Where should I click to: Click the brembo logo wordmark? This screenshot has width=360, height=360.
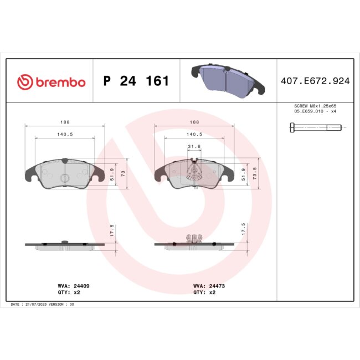coord(51,82)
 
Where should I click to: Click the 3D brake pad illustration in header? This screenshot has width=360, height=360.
coord(227,81)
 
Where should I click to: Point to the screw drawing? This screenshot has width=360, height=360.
coord(315,127)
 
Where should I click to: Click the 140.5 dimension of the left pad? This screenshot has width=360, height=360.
coord(64,133)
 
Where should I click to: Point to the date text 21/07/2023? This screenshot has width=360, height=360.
coord(41,305)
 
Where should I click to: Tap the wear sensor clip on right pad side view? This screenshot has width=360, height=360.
coord(194,238)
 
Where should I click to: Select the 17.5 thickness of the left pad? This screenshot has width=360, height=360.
coord(112,231)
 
